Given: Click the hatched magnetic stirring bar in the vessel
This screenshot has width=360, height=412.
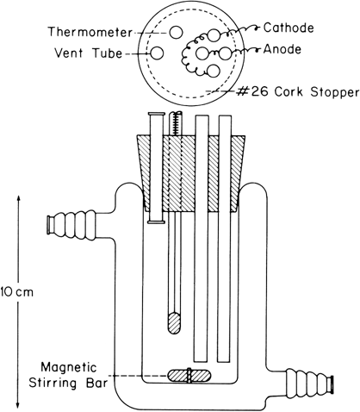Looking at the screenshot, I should coord(189,375).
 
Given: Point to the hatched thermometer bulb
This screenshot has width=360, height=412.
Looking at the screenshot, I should coord(173,324).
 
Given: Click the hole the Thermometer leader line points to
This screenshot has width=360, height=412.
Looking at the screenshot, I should coord(174,33).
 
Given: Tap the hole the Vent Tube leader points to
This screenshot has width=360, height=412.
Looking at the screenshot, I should coord(159,55).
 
